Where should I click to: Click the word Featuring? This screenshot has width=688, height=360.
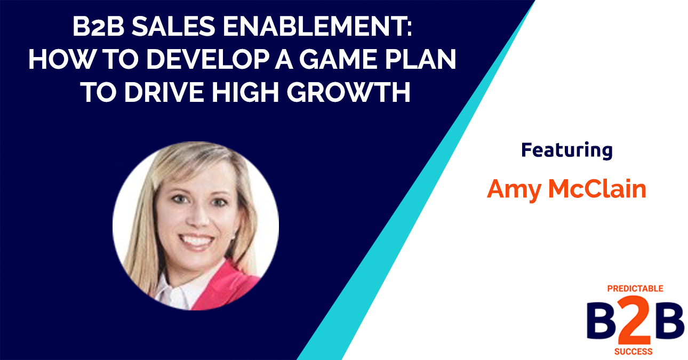pos(566,150)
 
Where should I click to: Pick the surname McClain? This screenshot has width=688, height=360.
pos(597,189)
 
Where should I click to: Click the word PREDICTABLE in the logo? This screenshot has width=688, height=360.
pos(635,289)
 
